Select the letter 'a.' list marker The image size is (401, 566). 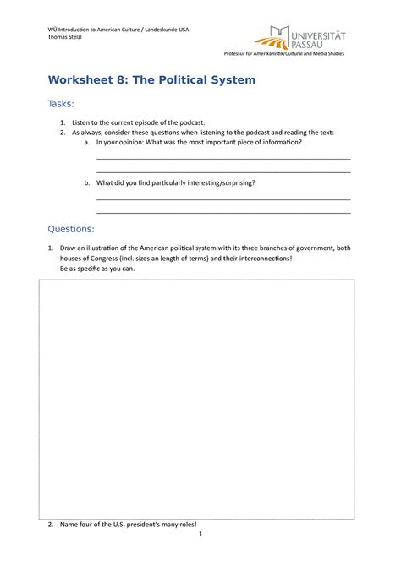87,143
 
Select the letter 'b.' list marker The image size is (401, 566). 87,182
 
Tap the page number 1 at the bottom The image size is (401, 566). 200,535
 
